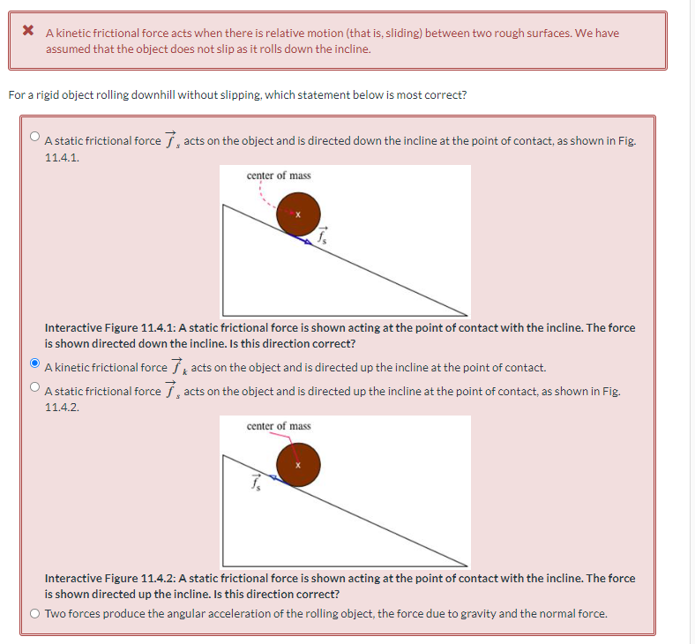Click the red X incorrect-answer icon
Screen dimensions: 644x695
(28, 33)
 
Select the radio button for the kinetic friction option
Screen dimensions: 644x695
(34, 363)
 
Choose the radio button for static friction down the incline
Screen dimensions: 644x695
(34, 136)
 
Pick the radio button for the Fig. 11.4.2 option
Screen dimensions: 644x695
(34, 386)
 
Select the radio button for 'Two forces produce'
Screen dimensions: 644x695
(34, 613)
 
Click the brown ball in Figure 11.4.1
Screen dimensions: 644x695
(298, 213)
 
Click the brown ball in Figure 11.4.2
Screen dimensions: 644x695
(298, 464)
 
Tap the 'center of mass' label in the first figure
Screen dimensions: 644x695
(279, 176)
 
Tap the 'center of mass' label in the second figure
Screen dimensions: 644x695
(279, 426)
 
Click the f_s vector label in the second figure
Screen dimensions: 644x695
(255, 483)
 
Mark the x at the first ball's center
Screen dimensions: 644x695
(298, 213)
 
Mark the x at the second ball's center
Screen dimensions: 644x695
(298, 464)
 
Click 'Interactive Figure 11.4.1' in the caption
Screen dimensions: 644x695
(109, 327)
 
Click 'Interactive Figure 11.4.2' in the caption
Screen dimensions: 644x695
(109, 578)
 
